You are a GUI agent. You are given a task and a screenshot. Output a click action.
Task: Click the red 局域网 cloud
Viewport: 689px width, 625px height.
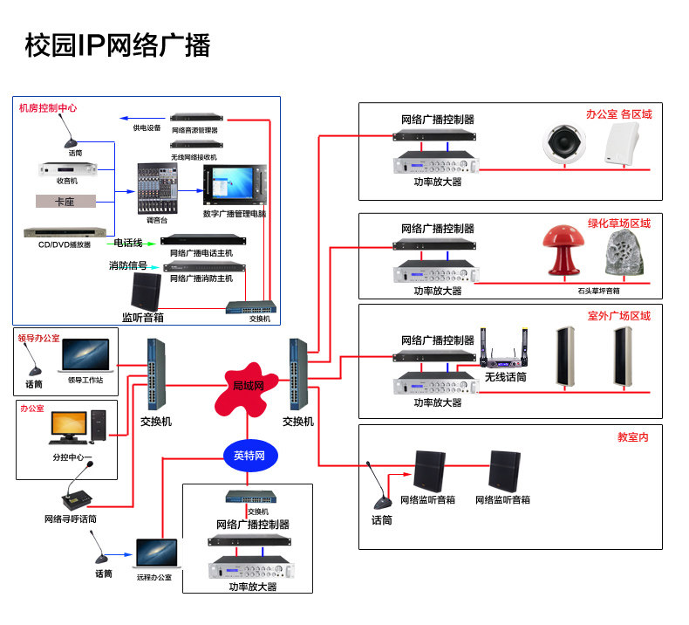tap(247, 387)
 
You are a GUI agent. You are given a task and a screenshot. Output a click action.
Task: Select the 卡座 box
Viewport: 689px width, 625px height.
tap(65, 201)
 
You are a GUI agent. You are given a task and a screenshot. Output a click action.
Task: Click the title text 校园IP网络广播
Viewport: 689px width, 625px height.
tap(117, 45)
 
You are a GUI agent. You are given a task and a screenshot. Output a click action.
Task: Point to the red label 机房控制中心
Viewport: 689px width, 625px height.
tap(48, 108)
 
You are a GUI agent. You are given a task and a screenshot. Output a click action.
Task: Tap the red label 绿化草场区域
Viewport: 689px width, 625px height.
tap(618, 223)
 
